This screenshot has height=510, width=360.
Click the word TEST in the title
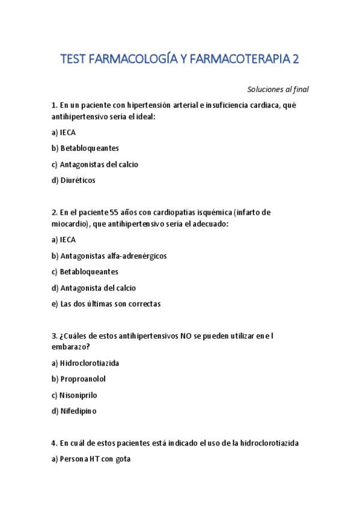point(73,59)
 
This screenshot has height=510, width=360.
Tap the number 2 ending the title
point(295,59)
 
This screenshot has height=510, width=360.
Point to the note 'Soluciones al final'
point(278,90)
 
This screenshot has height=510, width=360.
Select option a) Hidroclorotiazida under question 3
point(85,363)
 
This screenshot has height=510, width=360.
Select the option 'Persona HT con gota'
point(91,459)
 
